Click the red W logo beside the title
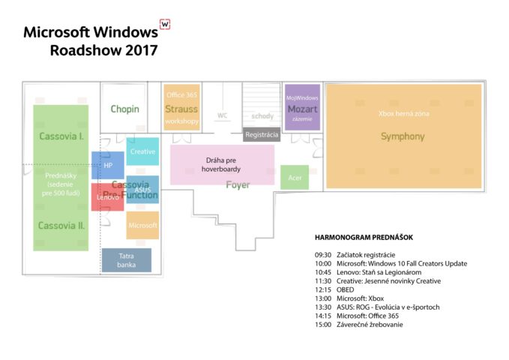pos(165,24)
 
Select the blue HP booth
pos(108,165)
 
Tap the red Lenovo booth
pos(107,197)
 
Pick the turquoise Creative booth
pos(142,151)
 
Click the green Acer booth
pos(295,178)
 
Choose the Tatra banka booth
pos(127,260)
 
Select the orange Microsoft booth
pos(142,225)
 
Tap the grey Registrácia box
pos(262,134)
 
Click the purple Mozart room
pos(303,107)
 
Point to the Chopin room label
pos(124,109)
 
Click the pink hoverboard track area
pos(223,165)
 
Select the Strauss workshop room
pos(181,107)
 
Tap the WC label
pos(223,115)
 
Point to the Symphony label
pos(403,136)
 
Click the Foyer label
pos(238,184)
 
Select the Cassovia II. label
pos(61,226)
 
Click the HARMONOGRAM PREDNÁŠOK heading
pos(364,238)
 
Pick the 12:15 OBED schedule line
pos(334,289)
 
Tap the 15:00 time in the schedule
pos(323,325)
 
